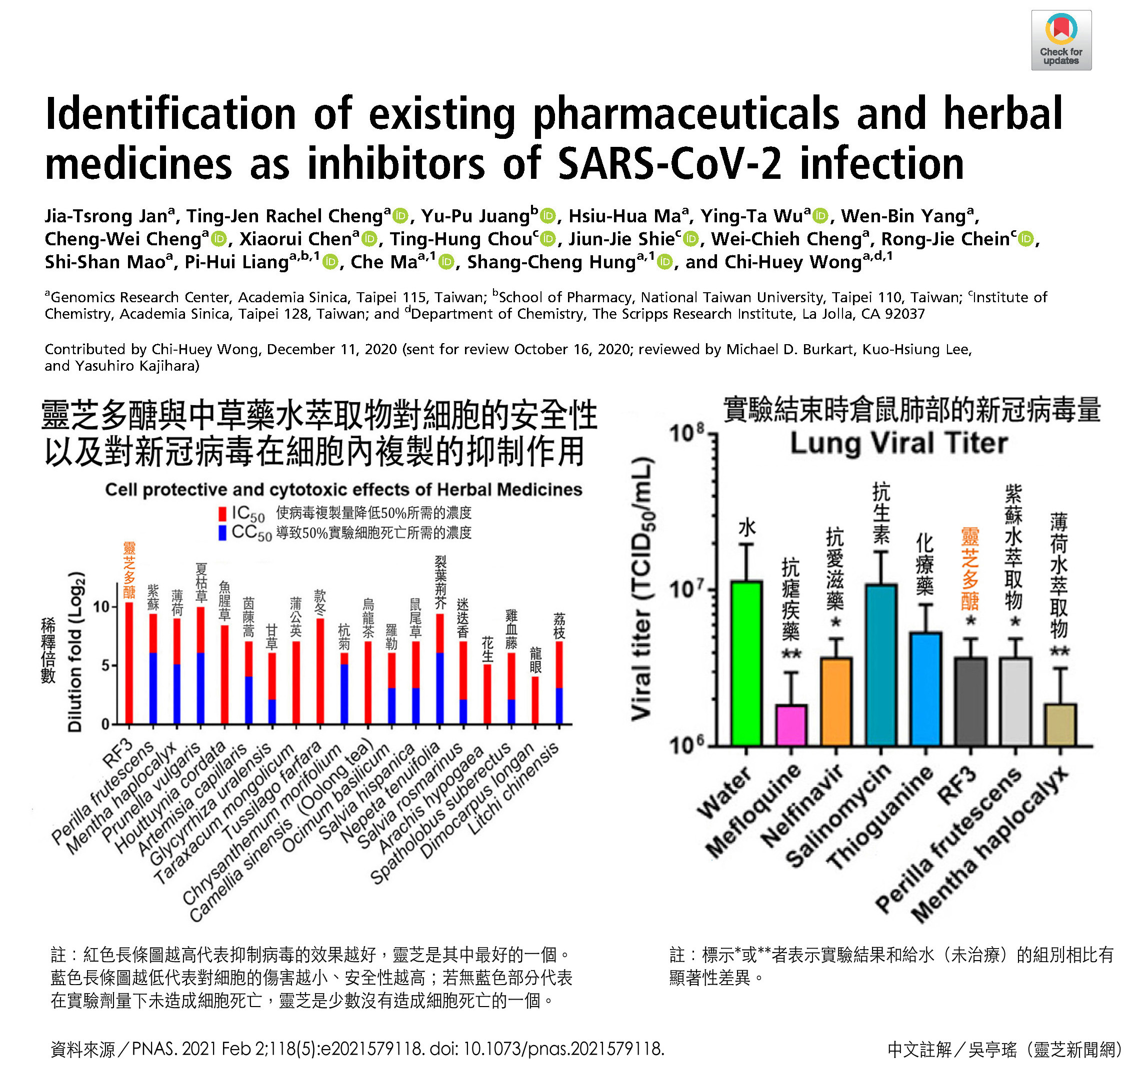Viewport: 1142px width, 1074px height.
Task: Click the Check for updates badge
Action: pyautogui.click(x=1060, y=40)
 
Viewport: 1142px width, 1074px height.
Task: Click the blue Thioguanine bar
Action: pyautogui.click(x=925, y=689)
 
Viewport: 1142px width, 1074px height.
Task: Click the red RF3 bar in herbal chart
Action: pyautogui.click(x=128, y=663)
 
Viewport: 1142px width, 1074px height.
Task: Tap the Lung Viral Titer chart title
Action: pyautogui.click(x=898, y=443)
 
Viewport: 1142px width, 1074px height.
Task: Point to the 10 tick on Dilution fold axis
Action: pyautogui.click(x=101, y=607)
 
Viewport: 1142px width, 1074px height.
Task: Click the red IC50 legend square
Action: pyautogui.click(x=222, y=513)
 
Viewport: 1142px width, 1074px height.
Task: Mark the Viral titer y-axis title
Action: pyautogui.click(x=642, y=588)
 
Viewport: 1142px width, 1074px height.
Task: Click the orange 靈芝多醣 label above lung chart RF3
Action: pyautogui.click(x=969, y=568)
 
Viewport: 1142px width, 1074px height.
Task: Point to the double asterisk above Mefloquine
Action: pyautogui.click(x=791, y=654)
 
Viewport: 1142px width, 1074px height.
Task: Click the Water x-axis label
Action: pyautogui.click(x=724, y=793)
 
